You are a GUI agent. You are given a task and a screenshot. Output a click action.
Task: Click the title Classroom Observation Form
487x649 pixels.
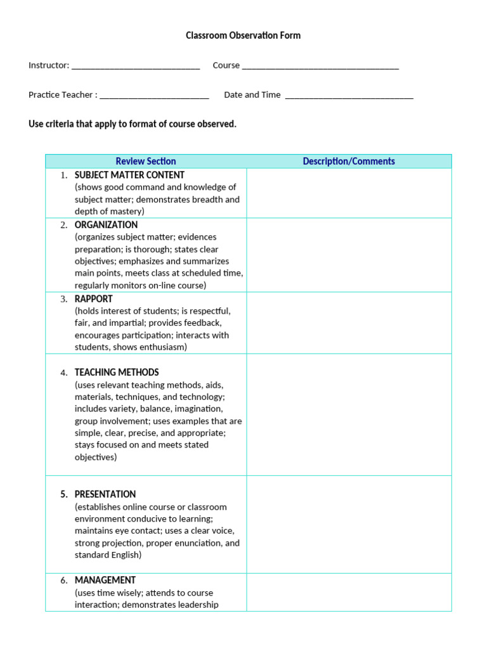(243, 35)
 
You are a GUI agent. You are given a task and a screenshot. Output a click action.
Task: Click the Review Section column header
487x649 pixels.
(146, 162)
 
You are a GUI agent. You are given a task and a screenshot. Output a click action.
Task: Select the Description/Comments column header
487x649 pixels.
(349, 162)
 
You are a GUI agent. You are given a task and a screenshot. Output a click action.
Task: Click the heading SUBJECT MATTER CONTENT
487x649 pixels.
(129, 175)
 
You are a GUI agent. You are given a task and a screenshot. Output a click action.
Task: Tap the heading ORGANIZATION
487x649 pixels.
(106, 225)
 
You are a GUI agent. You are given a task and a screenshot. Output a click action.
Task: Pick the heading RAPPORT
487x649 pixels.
(94, 299)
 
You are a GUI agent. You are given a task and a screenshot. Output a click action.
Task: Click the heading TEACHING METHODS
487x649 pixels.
(117, 373)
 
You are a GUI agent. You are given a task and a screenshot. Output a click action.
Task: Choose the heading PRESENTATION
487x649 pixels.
(105, 494)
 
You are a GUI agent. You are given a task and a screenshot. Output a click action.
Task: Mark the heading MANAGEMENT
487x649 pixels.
(105, 581)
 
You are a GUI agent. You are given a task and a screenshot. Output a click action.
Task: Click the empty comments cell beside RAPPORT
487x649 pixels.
(349, 323)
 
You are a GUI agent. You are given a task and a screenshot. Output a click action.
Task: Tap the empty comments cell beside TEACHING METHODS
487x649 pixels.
(349, 414)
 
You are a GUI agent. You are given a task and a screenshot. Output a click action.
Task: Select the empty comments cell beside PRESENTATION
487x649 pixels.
(349, 524)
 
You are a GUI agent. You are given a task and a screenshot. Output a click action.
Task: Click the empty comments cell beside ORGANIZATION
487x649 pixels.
(349, 255)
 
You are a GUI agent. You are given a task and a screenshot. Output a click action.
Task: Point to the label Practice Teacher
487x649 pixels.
(62, 95)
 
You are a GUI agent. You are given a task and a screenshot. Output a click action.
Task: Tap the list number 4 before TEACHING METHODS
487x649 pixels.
(64, 373)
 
